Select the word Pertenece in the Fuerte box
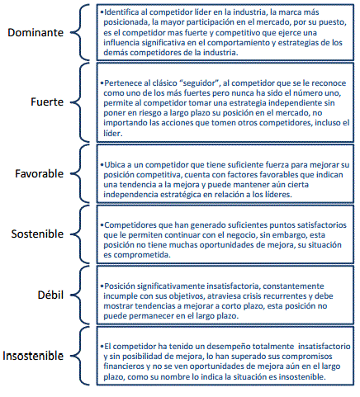(x=125, y=84)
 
